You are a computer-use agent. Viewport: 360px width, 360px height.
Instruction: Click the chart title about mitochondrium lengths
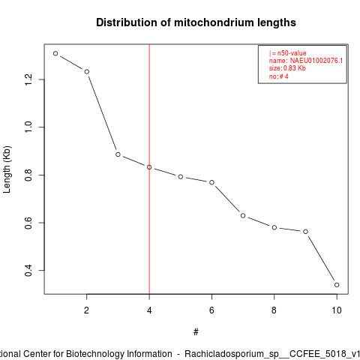(196, 22)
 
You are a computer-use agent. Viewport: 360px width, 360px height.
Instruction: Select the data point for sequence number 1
(55, 53)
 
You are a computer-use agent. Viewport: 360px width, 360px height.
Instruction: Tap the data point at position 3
(118, 154)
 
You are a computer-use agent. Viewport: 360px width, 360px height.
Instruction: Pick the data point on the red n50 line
(149, 167)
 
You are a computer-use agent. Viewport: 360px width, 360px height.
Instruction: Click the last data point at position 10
(337, 285)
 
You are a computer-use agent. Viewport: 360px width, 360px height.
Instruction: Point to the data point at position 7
(243, 215)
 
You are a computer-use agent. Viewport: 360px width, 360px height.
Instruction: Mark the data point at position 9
(305, 232)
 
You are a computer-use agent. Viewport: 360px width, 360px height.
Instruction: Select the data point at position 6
(211, 182)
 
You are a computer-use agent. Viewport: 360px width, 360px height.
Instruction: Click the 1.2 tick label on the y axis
(28, 79)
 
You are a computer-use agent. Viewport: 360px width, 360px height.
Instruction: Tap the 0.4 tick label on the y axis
(28, 270)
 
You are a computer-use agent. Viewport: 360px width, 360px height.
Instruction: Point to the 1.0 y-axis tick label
(28, 127)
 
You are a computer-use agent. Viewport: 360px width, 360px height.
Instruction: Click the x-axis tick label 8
(274, 310)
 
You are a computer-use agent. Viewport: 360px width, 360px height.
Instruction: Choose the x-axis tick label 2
(86, 310)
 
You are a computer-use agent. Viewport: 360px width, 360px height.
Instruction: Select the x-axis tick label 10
(337, 310)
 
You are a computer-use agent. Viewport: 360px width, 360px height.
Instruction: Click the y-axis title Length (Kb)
(7, 169)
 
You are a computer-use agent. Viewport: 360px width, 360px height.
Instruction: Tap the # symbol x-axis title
(196, 332)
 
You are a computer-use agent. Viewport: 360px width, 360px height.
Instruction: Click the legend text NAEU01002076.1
(316, 61)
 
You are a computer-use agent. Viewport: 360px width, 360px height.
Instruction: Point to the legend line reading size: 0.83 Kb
(287, 68)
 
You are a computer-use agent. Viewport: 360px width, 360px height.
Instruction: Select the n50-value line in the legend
(288, 53)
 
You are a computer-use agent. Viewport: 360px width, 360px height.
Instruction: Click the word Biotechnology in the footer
(119, 354)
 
